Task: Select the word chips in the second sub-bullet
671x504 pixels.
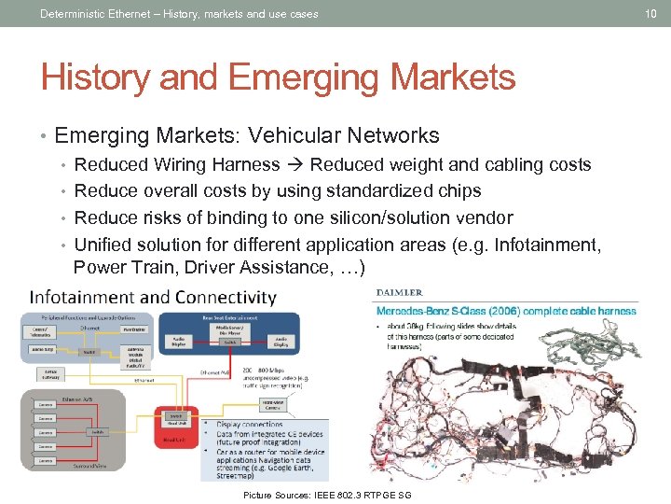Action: tap(456, 191)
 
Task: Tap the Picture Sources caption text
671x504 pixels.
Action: tap(326, 494)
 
